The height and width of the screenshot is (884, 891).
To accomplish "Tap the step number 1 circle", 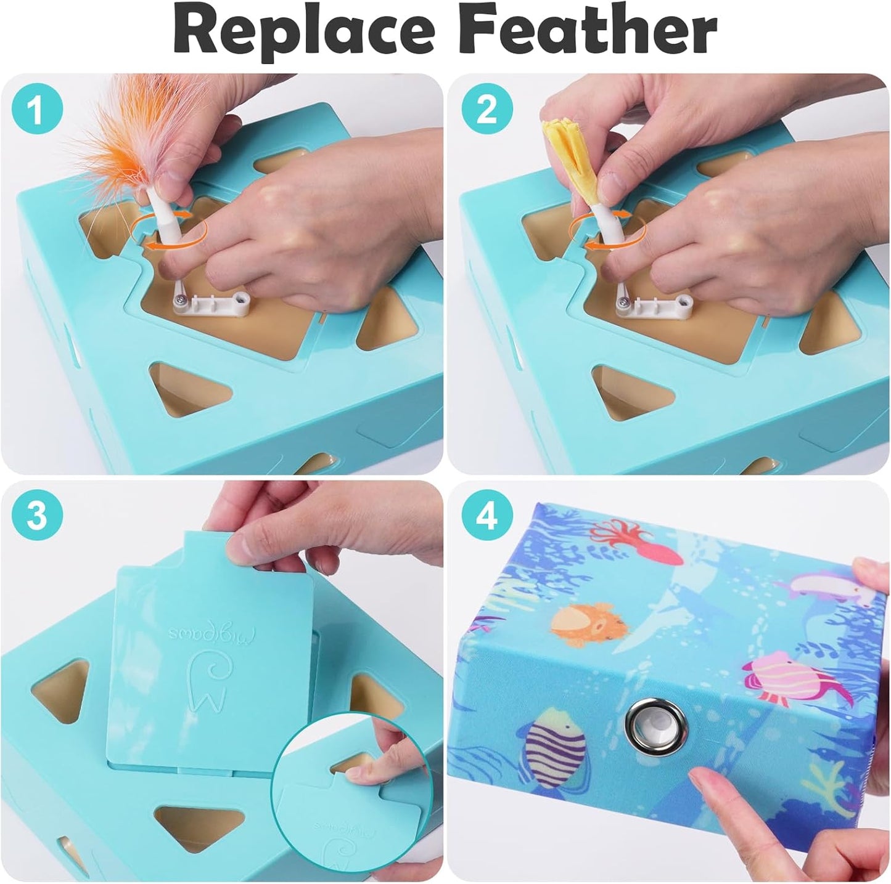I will click(x=37, y=111).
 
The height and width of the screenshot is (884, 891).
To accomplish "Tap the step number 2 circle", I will click(x=487, y=111).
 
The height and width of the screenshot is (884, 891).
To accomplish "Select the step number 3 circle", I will click(x=37, y=515).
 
